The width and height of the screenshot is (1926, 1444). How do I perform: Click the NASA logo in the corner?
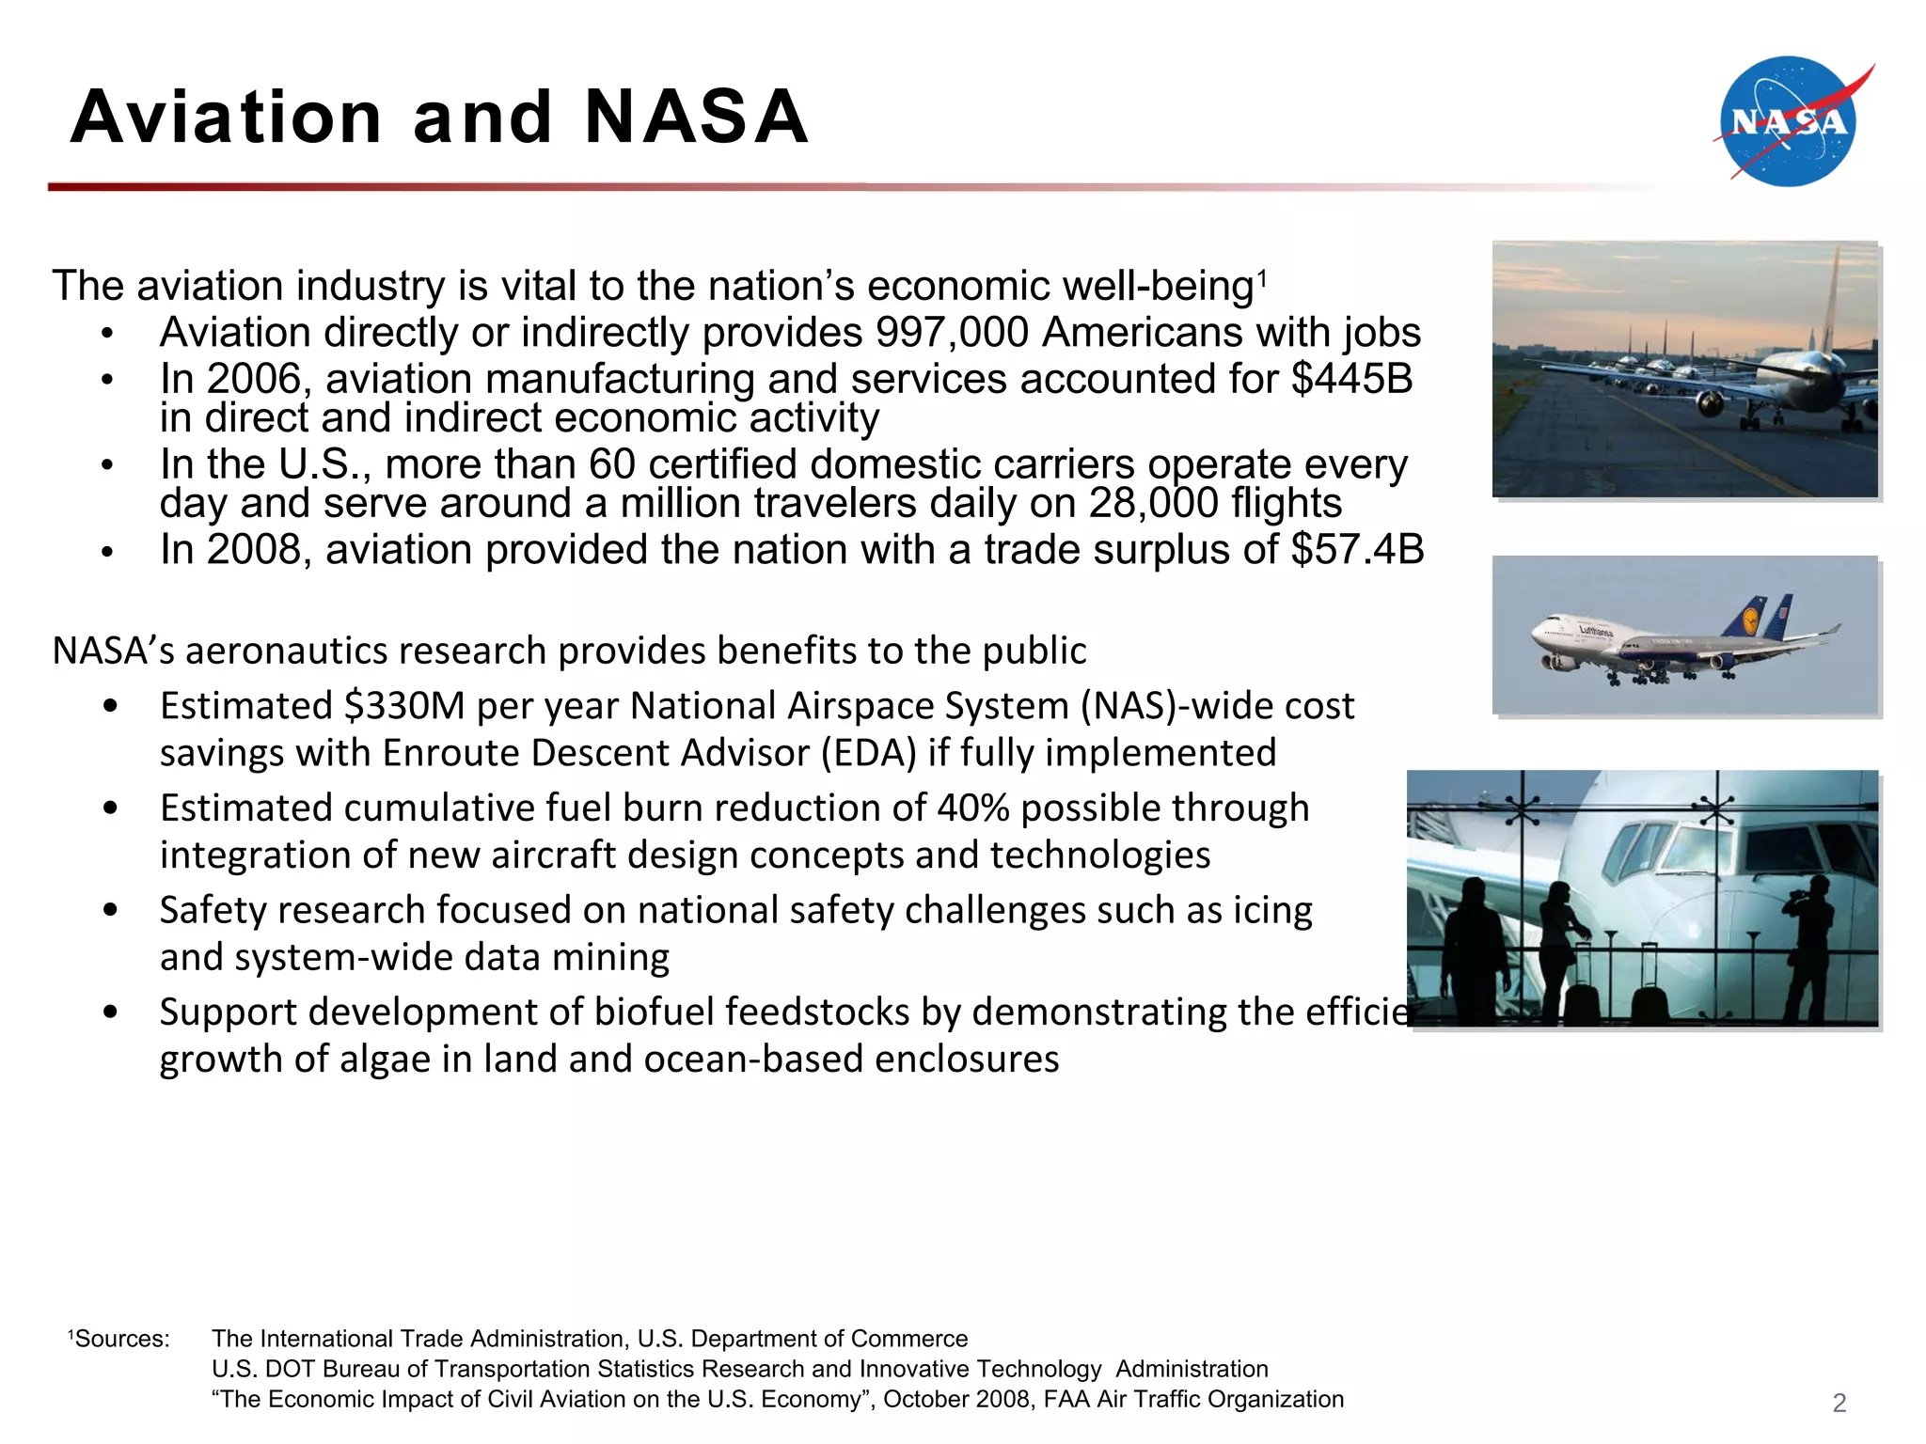click(1788, 122)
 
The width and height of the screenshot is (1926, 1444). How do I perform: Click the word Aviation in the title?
click(226, 118)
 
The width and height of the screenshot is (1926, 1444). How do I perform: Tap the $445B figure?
click(1351, 379)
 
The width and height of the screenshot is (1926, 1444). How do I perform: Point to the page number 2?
click(1839, 1403)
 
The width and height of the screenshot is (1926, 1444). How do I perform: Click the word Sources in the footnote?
click(121, 1339)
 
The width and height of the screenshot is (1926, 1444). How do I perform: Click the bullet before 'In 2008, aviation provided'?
click(108, 553)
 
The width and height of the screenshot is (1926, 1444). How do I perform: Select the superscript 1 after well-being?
click(1262, 278)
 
